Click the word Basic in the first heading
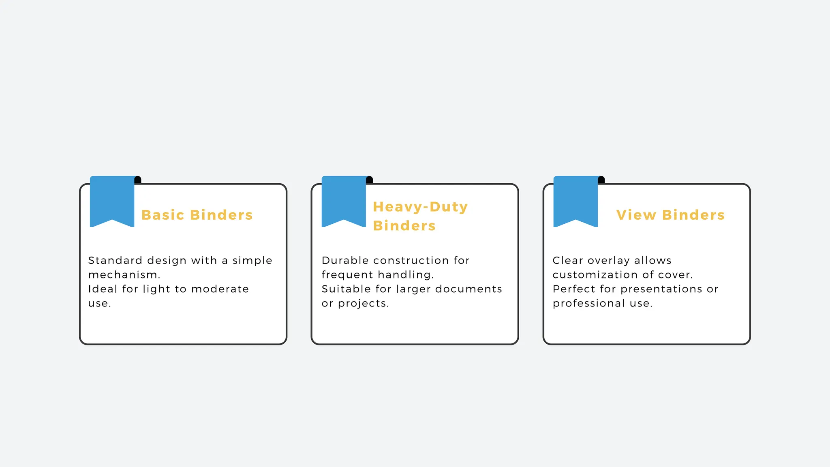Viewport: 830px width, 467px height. (163, 215)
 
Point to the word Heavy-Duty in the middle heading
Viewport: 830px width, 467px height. (420, 207)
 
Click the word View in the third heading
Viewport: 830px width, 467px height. (636, 215)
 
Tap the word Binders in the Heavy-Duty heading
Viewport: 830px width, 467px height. (404, 226)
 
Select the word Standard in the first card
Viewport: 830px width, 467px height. (115, 260)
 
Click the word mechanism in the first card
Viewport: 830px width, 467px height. (123, 275)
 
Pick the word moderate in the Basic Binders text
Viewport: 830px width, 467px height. (220, 289)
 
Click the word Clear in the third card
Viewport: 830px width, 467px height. (567, 260)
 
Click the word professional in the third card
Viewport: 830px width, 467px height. (588, 304)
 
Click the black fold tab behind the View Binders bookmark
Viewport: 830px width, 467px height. (601, 180)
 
